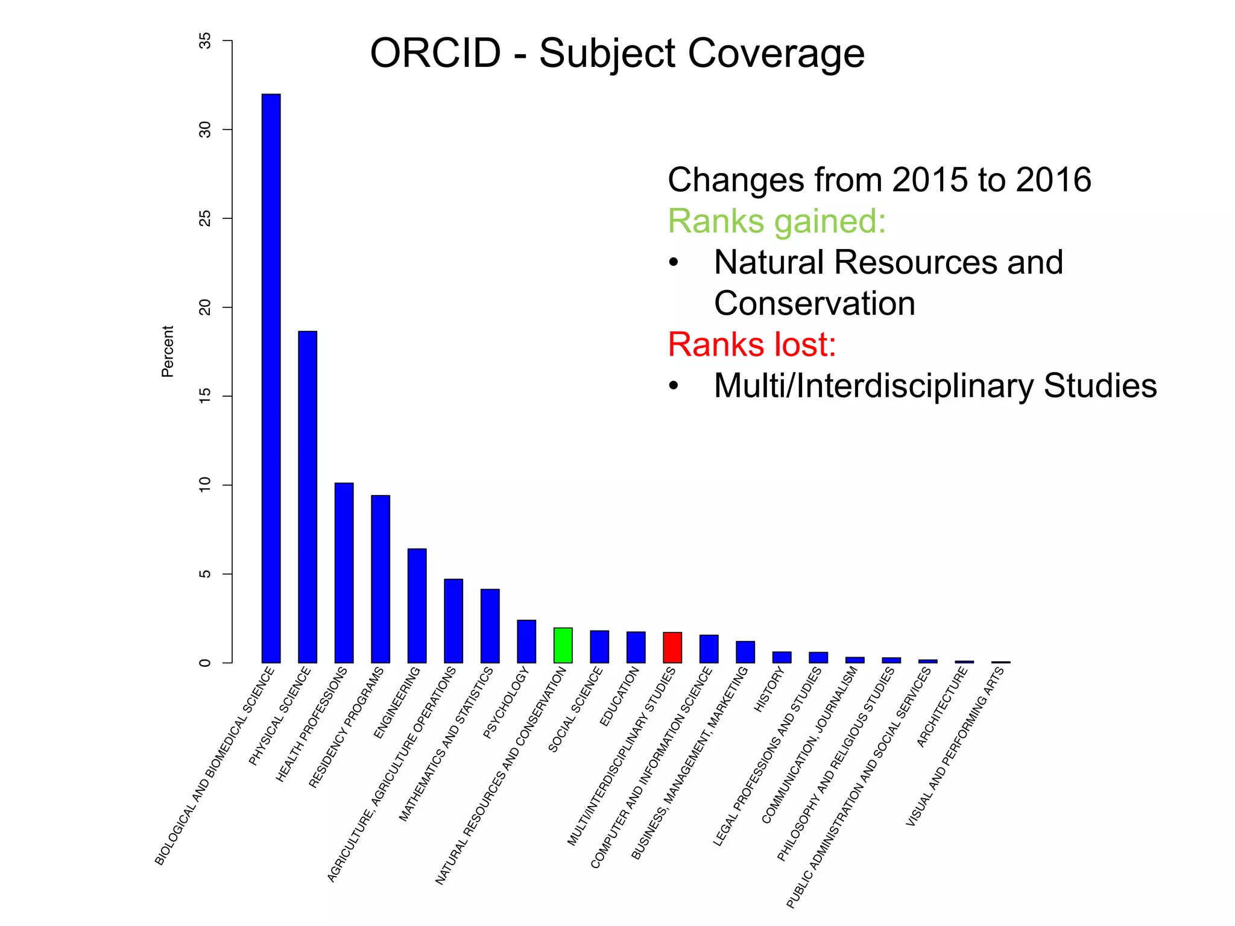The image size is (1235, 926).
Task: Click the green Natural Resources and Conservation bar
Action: click(563, 645)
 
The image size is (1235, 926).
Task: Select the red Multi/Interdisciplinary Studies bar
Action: click(672, 647)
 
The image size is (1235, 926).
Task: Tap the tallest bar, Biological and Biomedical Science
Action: click(271, 378)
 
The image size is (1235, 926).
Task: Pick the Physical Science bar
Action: click(308, 497)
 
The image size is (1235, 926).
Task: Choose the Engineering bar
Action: click(417, 605)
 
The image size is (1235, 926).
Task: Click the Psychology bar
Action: click(526, 641)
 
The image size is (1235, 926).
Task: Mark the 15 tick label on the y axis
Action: click(206, 396)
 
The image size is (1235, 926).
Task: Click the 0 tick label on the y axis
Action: click(206, 663)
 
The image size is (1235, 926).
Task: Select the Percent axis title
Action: click(168, 351)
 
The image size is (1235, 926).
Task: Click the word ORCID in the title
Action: click(435, 53)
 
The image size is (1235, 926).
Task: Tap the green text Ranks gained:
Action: click(777, 221)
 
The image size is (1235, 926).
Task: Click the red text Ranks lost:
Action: click(751, 345)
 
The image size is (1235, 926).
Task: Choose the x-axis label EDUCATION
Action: click(619, 698)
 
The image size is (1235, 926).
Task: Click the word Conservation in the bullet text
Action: click(814, 303)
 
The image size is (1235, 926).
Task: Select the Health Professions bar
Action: click(344, 573)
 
